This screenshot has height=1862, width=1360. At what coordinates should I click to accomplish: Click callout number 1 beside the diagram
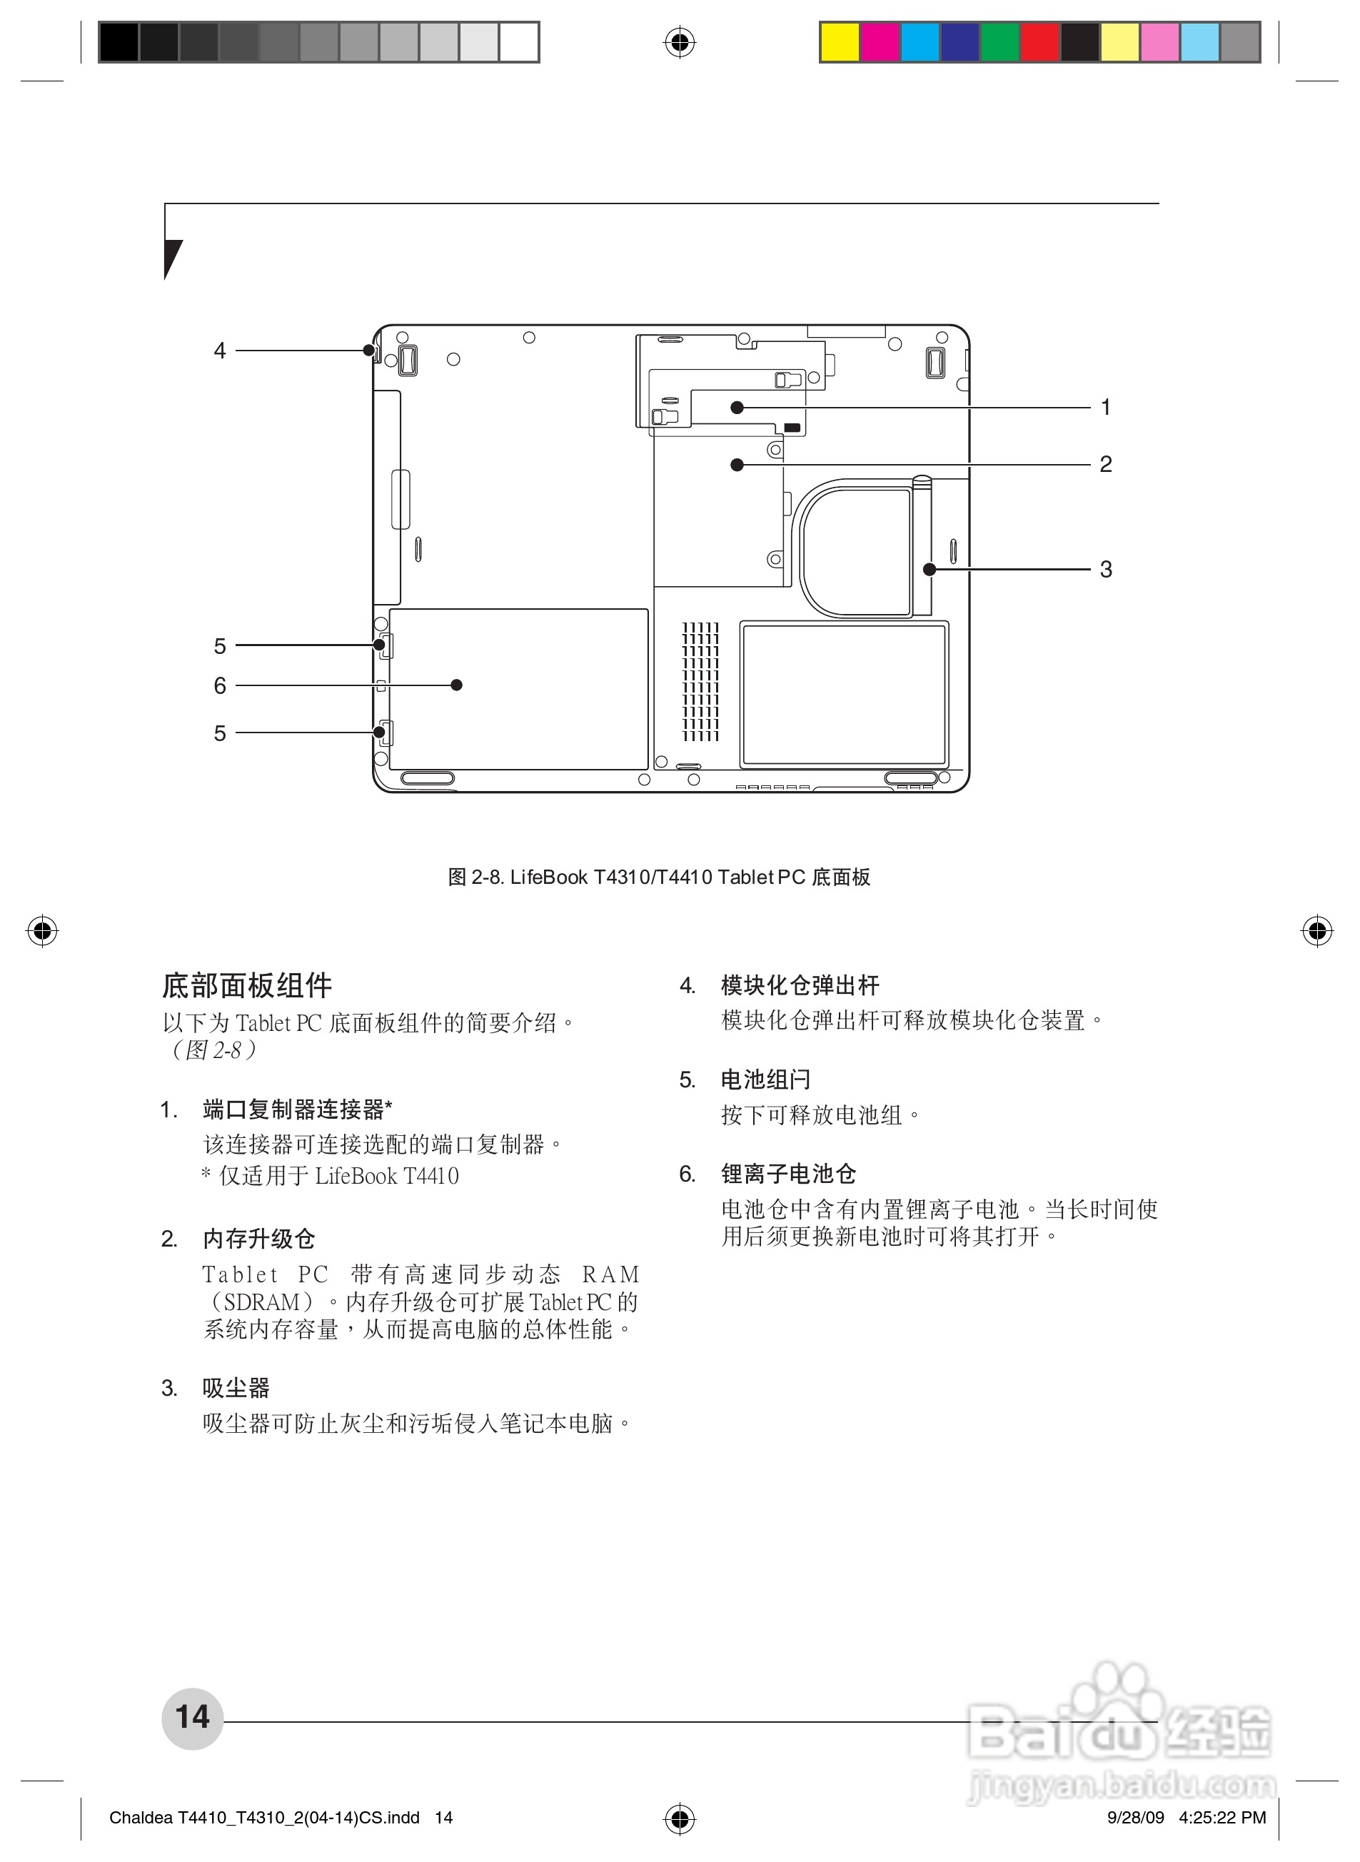[x=1106, y=407]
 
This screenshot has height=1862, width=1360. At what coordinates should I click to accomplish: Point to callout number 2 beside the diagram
[x=1106, y=464]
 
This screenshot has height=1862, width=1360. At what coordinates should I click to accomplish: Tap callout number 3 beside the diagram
[x=1106, y=569]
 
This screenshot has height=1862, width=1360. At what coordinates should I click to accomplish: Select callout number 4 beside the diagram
[x=220, y=351]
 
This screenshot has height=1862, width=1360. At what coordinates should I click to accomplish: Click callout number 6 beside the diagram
[x=220, y=685]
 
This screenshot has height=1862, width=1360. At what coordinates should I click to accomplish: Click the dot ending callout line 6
[x=457, y=685]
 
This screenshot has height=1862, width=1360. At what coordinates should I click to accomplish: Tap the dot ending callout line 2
[x=737, y=465]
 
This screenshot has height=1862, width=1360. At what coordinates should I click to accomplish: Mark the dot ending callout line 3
[x=930, y=569]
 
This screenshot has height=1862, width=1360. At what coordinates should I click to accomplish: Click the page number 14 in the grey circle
[x=193, y=1716]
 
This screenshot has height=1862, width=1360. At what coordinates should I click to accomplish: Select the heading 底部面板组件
[x=247, y=985]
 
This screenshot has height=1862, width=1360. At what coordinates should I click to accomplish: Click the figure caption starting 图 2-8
[x=659, y=877]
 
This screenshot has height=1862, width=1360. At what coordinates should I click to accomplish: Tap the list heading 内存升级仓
[x=258, y=1239]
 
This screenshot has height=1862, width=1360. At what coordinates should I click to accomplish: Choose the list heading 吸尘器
[x=236, y=1388]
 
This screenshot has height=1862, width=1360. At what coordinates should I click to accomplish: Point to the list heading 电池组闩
[x=765, y=1080]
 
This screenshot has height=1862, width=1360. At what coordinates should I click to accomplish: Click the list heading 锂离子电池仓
[x=789, y=1174]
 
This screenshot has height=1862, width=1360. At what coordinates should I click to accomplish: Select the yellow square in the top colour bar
[x=840, y=42]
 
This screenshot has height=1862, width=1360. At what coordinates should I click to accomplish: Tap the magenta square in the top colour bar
[x=880, y=42]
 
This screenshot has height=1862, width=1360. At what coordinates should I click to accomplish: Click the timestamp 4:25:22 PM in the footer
[x=1222, y=1817]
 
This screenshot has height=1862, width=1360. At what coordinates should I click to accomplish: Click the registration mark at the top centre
[x=679, y=41]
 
